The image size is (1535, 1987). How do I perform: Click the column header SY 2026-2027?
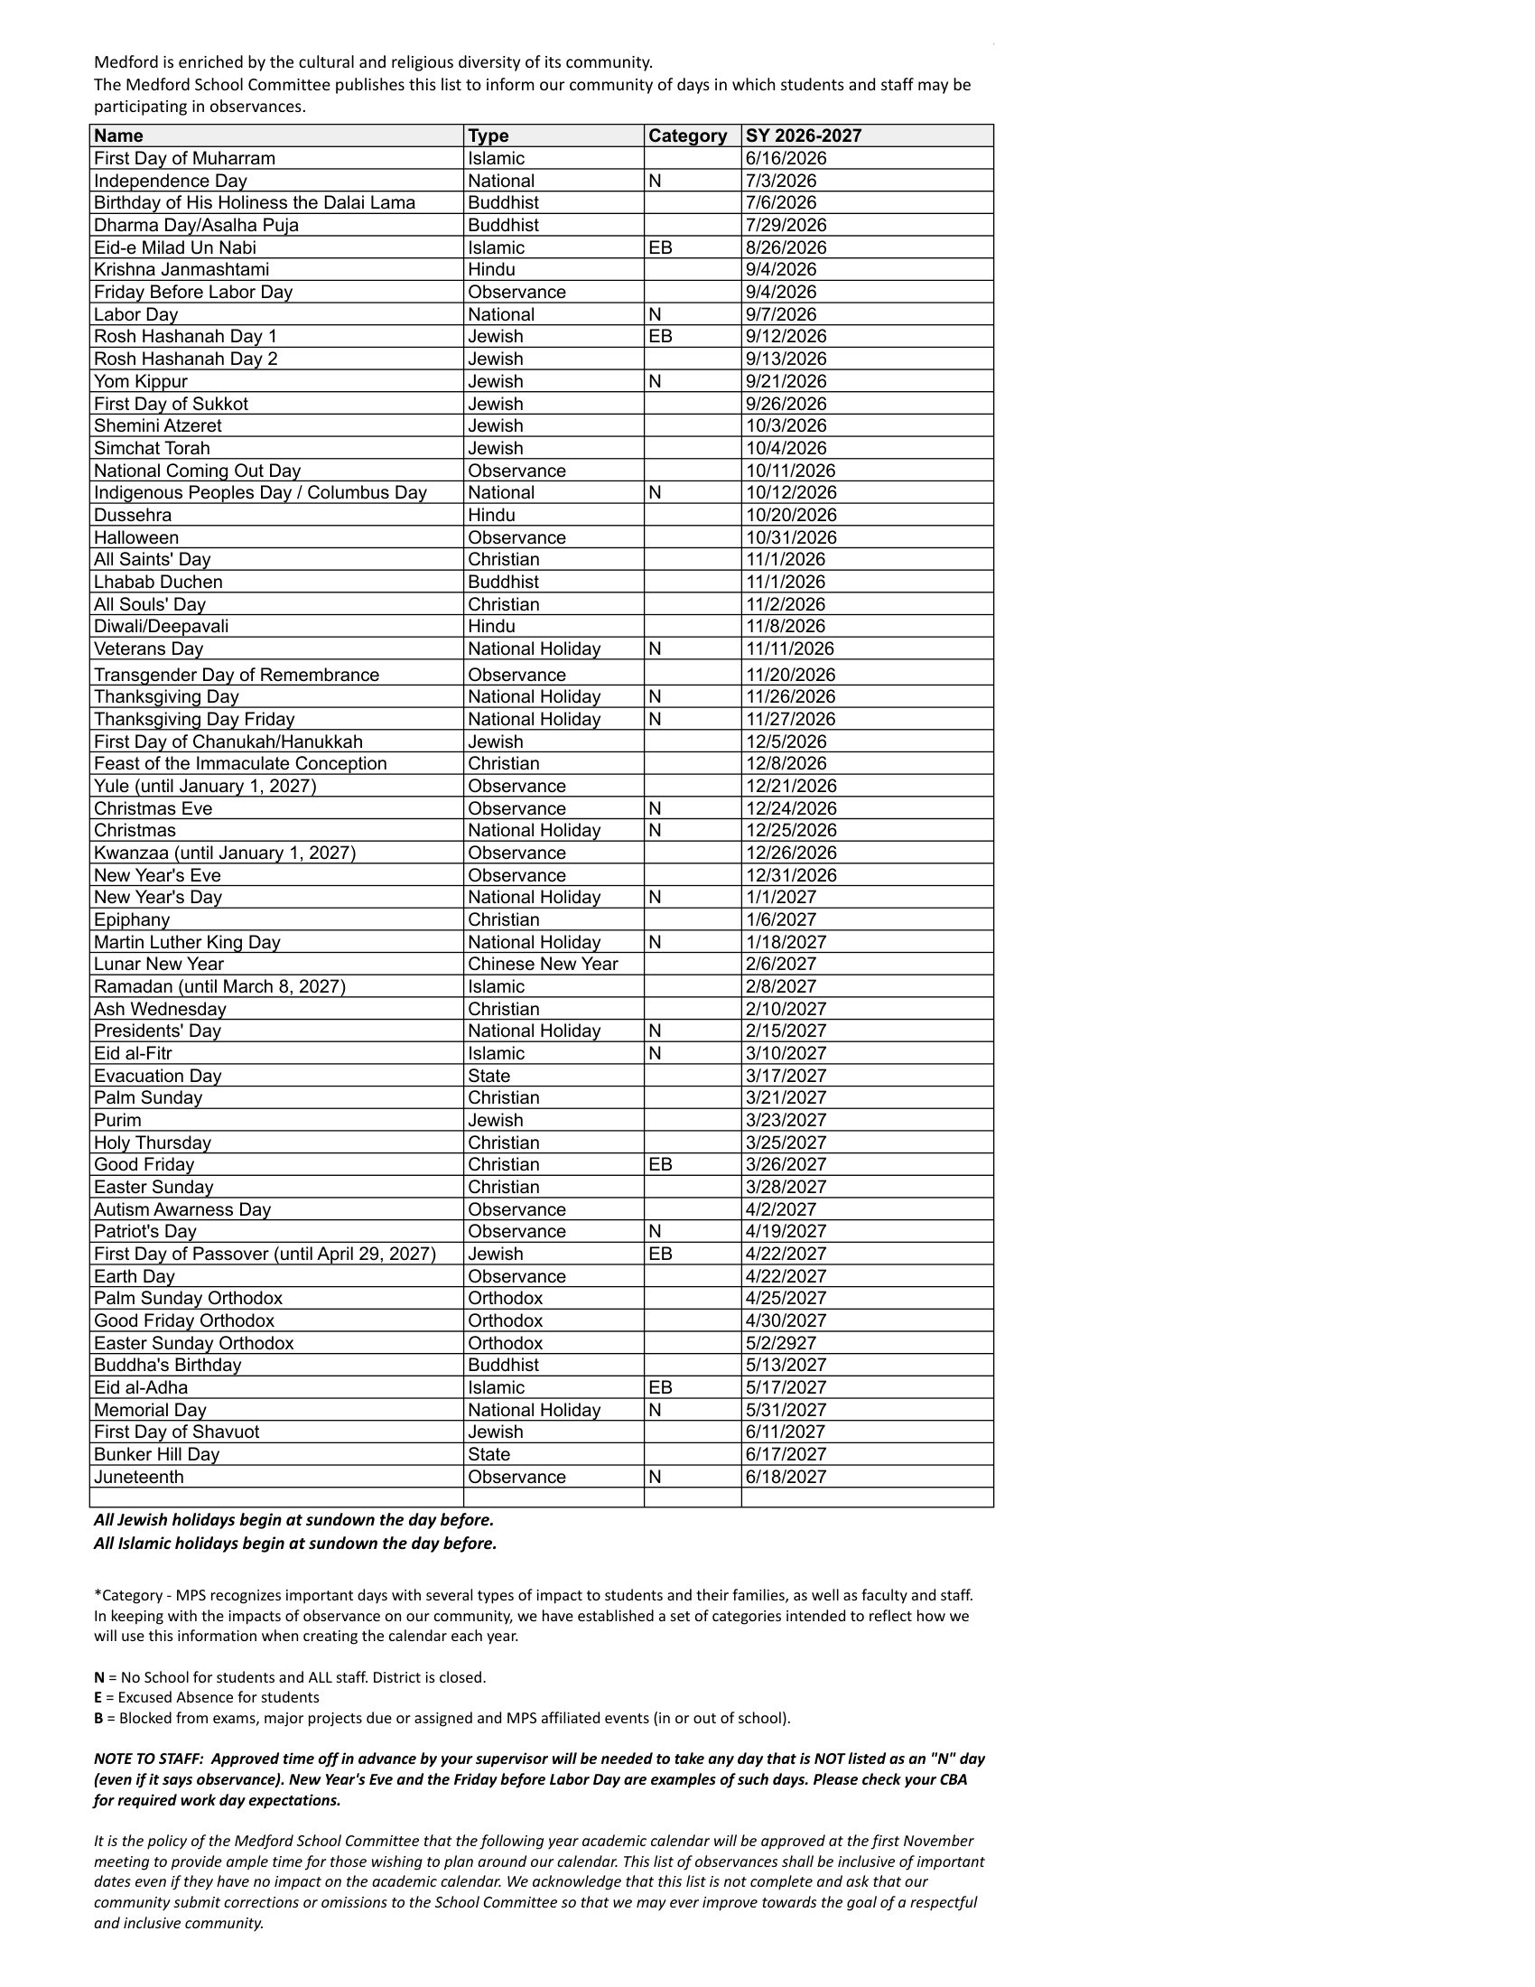pos(803,135)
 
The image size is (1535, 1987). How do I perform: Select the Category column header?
pos(687,135)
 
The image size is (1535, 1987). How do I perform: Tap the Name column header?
pos(118,135)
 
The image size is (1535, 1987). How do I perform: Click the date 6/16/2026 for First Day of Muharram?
pos(786,158)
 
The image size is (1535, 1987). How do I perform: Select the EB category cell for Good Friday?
pos(660,1164)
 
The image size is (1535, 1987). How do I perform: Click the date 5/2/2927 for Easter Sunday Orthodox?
pos(780,1343)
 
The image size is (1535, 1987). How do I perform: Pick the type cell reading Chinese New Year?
pos(542,964)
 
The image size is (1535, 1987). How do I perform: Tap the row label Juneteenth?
pos(138,1477)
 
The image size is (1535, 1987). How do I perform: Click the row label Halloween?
pos(136,537)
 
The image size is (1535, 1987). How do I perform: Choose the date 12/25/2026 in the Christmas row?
pos(790,831)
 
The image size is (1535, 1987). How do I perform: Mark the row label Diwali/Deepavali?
pos(161,626)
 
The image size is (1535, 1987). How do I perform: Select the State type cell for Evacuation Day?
pos(488,1076)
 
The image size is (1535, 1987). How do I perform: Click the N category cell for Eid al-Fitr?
pos(655,1053)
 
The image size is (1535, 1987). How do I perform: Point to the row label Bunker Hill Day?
pos(156,1454)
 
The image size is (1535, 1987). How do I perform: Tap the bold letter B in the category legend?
pos(98,1718)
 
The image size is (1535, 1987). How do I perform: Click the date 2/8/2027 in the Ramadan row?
pos(780,986)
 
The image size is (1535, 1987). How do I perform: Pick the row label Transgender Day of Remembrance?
pos(237,675)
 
